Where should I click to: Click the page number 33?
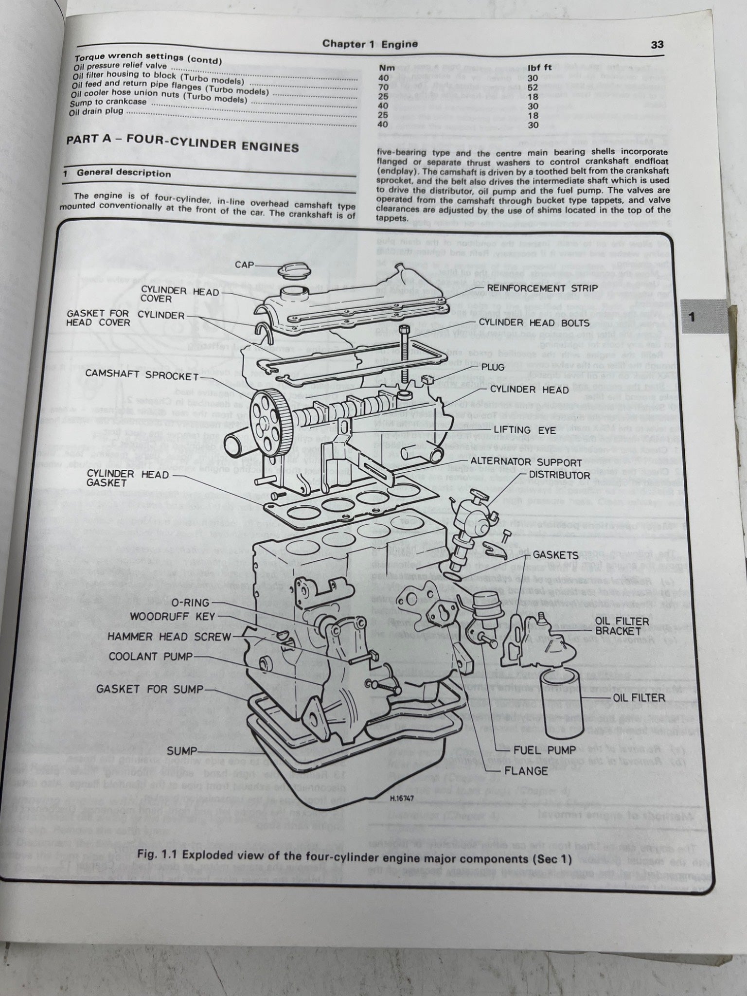[x=657, y=45]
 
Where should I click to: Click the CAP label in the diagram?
[x=245, y=265]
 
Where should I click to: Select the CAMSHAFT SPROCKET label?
[x=142, y=376]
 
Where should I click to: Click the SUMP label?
[x=182, y=751]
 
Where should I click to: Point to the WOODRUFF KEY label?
[x=172, y=617]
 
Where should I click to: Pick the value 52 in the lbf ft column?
[x=533, y=87]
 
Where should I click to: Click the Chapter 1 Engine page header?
[x=370, y=44]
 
